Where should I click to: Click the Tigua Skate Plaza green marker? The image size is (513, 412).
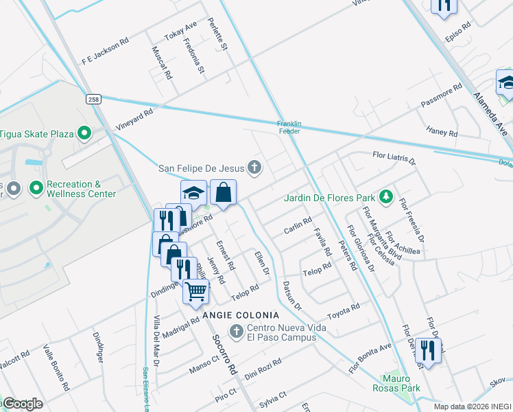(85, 133)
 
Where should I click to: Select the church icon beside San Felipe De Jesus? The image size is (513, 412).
(254, 167)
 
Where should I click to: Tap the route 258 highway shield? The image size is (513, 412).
(94, 100)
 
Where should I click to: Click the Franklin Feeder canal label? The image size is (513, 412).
(289, 127)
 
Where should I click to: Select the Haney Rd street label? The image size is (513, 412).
(441, 131)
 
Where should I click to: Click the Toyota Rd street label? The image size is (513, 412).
(344, 312)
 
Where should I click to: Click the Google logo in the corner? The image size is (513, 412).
(22, 404)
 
